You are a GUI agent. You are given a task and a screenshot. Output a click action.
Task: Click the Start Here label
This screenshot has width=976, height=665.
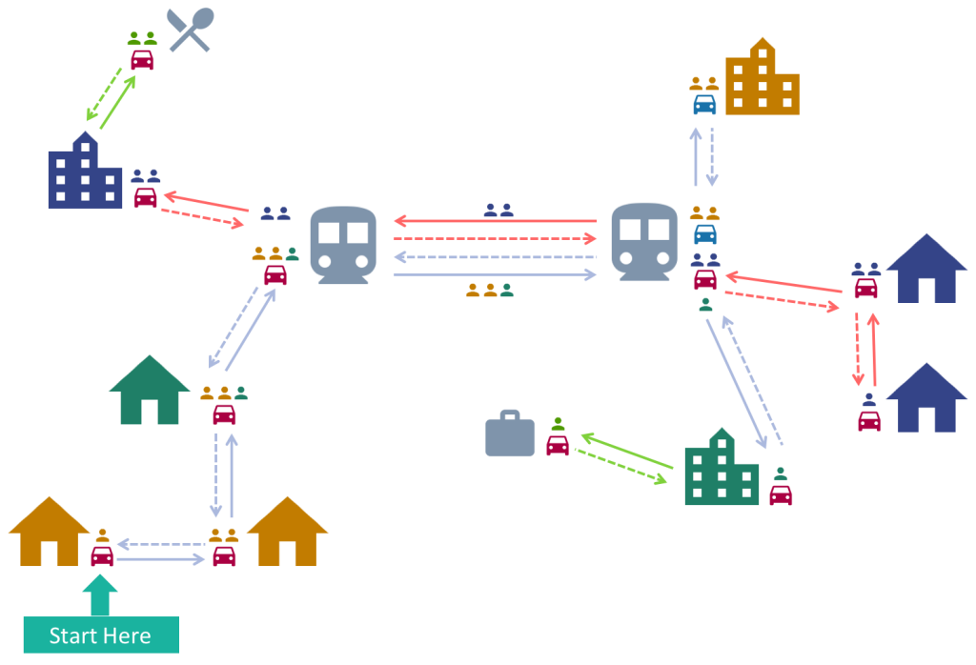tap(100, 635)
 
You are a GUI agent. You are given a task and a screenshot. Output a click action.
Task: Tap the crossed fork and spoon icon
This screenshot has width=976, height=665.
tap(190, 30)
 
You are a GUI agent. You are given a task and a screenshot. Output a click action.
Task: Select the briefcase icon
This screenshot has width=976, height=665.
tap(510, 434)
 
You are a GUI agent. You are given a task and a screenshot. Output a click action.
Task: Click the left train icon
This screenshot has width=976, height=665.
tap(343, 245)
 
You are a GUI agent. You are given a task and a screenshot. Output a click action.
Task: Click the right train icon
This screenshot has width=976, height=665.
tap(644, 241)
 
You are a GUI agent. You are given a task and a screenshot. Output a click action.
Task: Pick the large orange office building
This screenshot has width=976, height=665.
tap(762, 79)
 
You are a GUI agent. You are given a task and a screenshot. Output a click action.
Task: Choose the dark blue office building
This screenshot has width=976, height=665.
tap(85, 172)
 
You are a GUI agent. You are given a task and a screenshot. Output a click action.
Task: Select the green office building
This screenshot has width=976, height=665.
tap(722, 469)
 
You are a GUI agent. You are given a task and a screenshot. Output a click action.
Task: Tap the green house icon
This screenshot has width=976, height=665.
tap(150, 391)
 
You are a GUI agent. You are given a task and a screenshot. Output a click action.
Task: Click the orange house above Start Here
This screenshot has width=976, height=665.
tap(50, 533)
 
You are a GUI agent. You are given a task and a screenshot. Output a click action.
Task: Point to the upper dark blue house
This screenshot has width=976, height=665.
tap(926, 270)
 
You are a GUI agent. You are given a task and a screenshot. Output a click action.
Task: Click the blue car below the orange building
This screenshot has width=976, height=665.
tap(704, 104)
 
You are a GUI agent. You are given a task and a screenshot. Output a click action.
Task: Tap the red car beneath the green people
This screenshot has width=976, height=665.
tap(142, 59)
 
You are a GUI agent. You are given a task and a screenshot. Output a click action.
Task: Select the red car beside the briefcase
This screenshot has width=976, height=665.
tap(558, 445)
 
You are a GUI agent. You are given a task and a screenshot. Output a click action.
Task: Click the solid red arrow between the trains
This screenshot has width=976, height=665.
tap(496, 221)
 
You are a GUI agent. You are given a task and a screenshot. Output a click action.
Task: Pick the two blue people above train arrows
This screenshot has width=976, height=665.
tap(498, 210)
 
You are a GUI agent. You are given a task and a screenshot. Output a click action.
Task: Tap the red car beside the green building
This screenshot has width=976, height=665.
tap(781, 494)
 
